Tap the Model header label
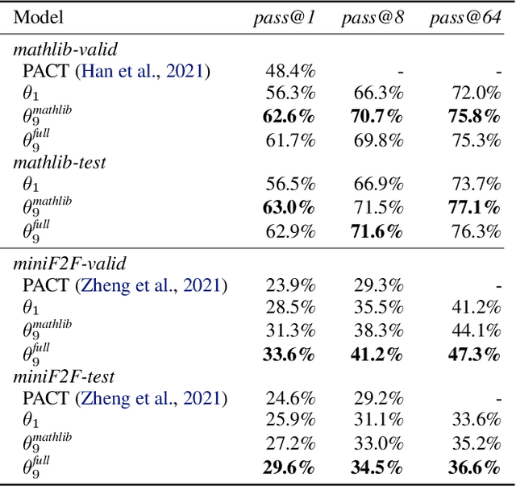coord(38,19)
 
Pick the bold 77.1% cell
coord(475,208)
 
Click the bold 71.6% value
coord(377,231)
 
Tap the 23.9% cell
coord(290,285)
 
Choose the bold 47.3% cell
coord(475,353)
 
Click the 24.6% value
coord(290,398)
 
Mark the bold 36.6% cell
coord(475,467)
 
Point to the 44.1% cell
coord(476,330)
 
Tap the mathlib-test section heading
coord(59,163)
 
